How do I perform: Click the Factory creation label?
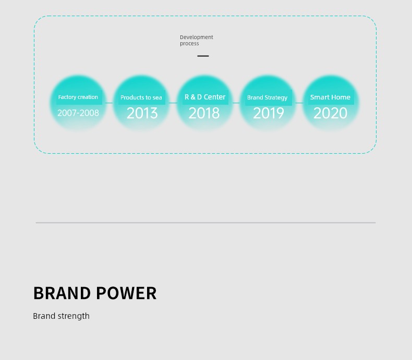78,97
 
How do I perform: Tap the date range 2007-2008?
78,113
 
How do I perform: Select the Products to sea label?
141,97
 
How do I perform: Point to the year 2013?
142,113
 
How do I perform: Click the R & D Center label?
205,97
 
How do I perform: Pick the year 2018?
204,113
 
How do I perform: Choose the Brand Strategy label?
267,97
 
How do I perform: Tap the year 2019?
269,113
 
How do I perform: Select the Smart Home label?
330,97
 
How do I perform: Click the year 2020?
330,113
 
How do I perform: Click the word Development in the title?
197,38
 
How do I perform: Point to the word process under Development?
189,44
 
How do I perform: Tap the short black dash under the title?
203,56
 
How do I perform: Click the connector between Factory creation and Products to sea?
110,103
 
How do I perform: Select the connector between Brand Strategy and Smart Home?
299,103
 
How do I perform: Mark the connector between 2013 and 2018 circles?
173,103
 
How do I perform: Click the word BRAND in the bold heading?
62,293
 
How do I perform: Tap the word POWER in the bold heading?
126,293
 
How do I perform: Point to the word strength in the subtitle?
74,316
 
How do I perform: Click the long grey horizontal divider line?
205,223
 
